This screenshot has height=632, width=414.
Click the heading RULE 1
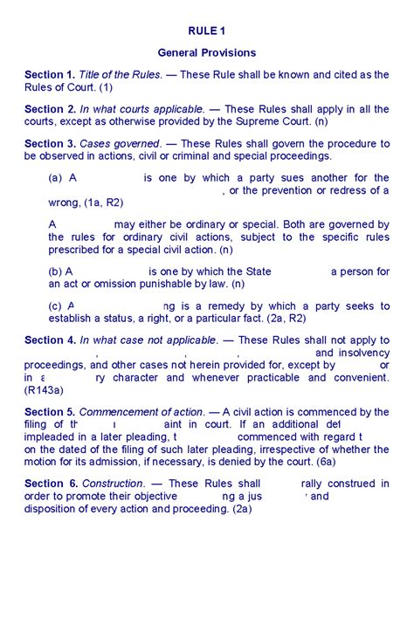(x=206, y=31)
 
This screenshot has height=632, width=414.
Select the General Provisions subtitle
(x=206, y=53)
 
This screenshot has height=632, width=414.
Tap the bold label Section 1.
(x=51, y=75)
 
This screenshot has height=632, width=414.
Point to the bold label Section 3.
(x=51, y=143)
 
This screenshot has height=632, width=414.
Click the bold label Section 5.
(x=51, y=412)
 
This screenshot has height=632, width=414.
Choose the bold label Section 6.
(x=51, y=484)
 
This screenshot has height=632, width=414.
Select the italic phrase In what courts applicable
(x=142, y=109)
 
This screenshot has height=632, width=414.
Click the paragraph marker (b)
(x=55, y=271)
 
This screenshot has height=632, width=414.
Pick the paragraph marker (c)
(x=55, y=306)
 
